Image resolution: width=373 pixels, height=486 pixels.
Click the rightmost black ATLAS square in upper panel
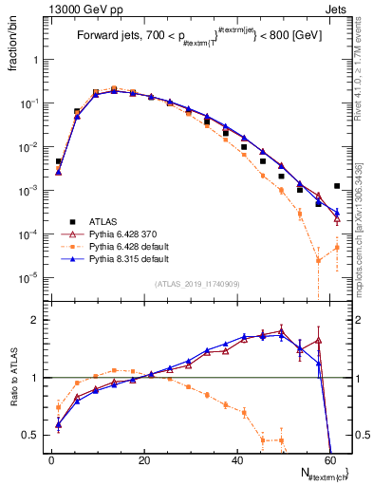[x=337, y=186]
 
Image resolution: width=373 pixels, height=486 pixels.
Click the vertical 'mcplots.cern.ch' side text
[x=364, y=228]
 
